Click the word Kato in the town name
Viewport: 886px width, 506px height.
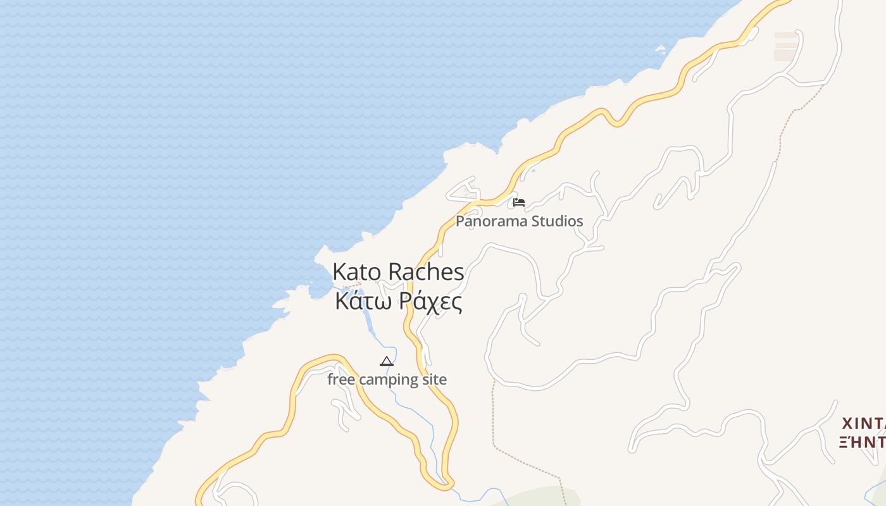[357, 272]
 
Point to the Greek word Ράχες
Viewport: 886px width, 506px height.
[432, 302]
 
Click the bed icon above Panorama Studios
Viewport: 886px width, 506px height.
[519, 202]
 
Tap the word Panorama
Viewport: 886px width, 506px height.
[492, 221]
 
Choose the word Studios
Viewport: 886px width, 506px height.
[558, 221]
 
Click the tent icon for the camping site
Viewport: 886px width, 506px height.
[387, 362]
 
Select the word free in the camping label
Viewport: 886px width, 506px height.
[340, 379]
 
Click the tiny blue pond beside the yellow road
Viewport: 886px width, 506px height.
[533, 170]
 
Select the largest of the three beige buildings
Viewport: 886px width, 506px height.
[785, 56]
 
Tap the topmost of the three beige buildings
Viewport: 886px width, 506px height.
[785, 35]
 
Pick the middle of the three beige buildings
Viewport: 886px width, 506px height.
[785, 45]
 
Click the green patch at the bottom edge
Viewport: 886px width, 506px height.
[538, 497]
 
